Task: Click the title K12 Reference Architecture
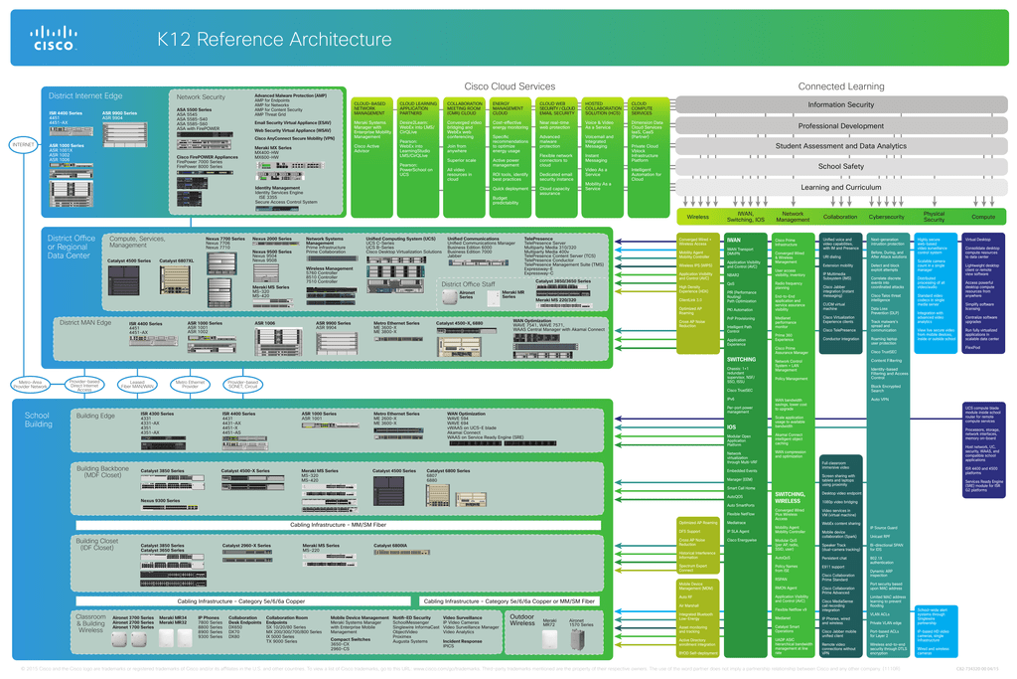click(x=275, y=39)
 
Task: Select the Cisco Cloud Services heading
click(x=509, y=87)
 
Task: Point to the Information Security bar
click(x=840, y=104)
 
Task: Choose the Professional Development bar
click(x=840, y=126)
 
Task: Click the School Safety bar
click(x=840, y=167)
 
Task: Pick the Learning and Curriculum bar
click(x=840, y=187)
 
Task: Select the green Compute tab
click(x=982, y=216)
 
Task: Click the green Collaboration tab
click(x=840, y=216)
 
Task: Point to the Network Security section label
click(x=201, y=97)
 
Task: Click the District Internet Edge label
click(x=85, y=96)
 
